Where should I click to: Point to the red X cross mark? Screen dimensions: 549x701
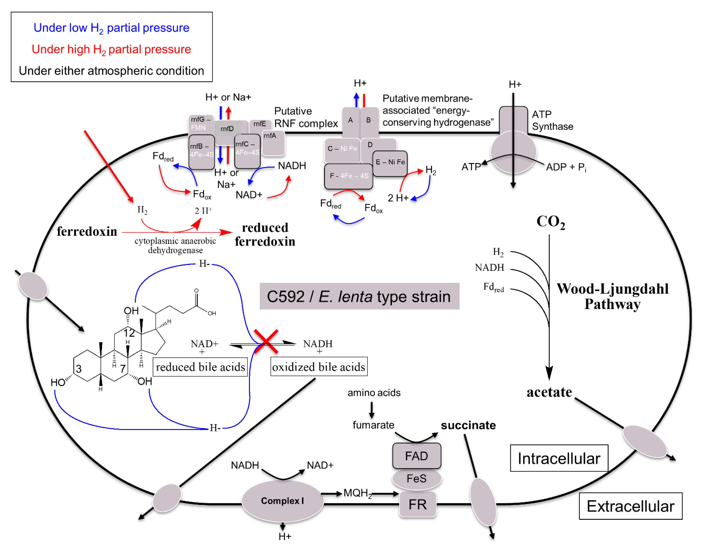(266, 341)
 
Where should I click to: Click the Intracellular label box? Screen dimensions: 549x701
(559, 458)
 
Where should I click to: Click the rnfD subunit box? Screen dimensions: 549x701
(227, 129)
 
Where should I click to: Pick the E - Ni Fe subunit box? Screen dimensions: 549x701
(390, 162)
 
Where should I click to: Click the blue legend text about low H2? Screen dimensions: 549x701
(111, 28)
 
